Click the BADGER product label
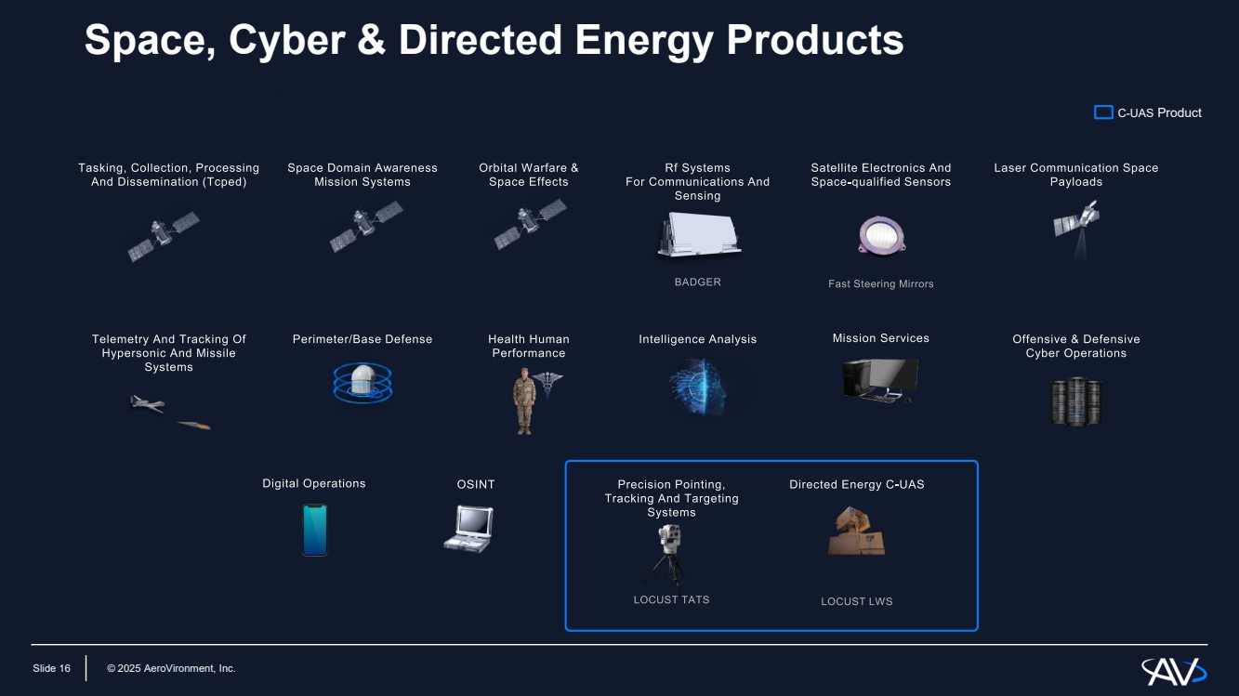coord(697,282)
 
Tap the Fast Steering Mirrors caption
coord(880,283)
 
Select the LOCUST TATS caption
coord(671,599)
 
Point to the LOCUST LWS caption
coord(856,601)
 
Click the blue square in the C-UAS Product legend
coord(1103,112)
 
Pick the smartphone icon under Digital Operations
coord(315,530)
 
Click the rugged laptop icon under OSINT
coord(469,529)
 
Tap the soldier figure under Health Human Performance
coord(524,401)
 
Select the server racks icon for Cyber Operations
coord(1076,401)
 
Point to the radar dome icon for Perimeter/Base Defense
coord(362,383)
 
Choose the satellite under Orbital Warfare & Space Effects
coord(530,224)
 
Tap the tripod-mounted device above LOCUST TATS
coord(669,553)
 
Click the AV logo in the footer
coord(1173,670)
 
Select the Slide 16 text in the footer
coord(51,668)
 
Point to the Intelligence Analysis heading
coord(697,339)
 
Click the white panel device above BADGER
coord(697,234)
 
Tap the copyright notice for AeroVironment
coord(171,668)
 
